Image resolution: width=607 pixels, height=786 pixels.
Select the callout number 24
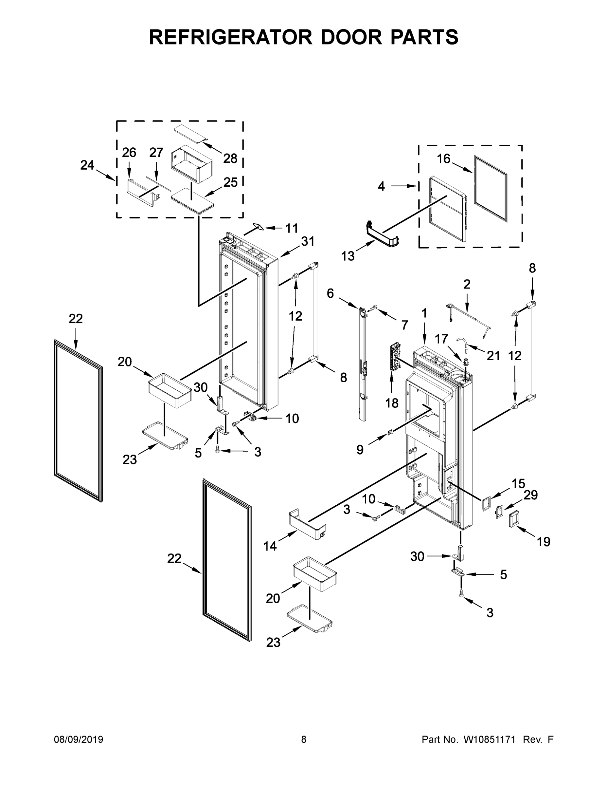87,165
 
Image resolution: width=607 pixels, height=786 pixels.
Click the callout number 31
308,241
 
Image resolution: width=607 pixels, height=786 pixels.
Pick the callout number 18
392,403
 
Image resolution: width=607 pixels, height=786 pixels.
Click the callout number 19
543,542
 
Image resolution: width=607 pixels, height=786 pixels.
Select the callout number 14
270,546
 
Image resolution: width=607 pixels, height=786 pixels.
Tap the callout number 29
530,495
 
